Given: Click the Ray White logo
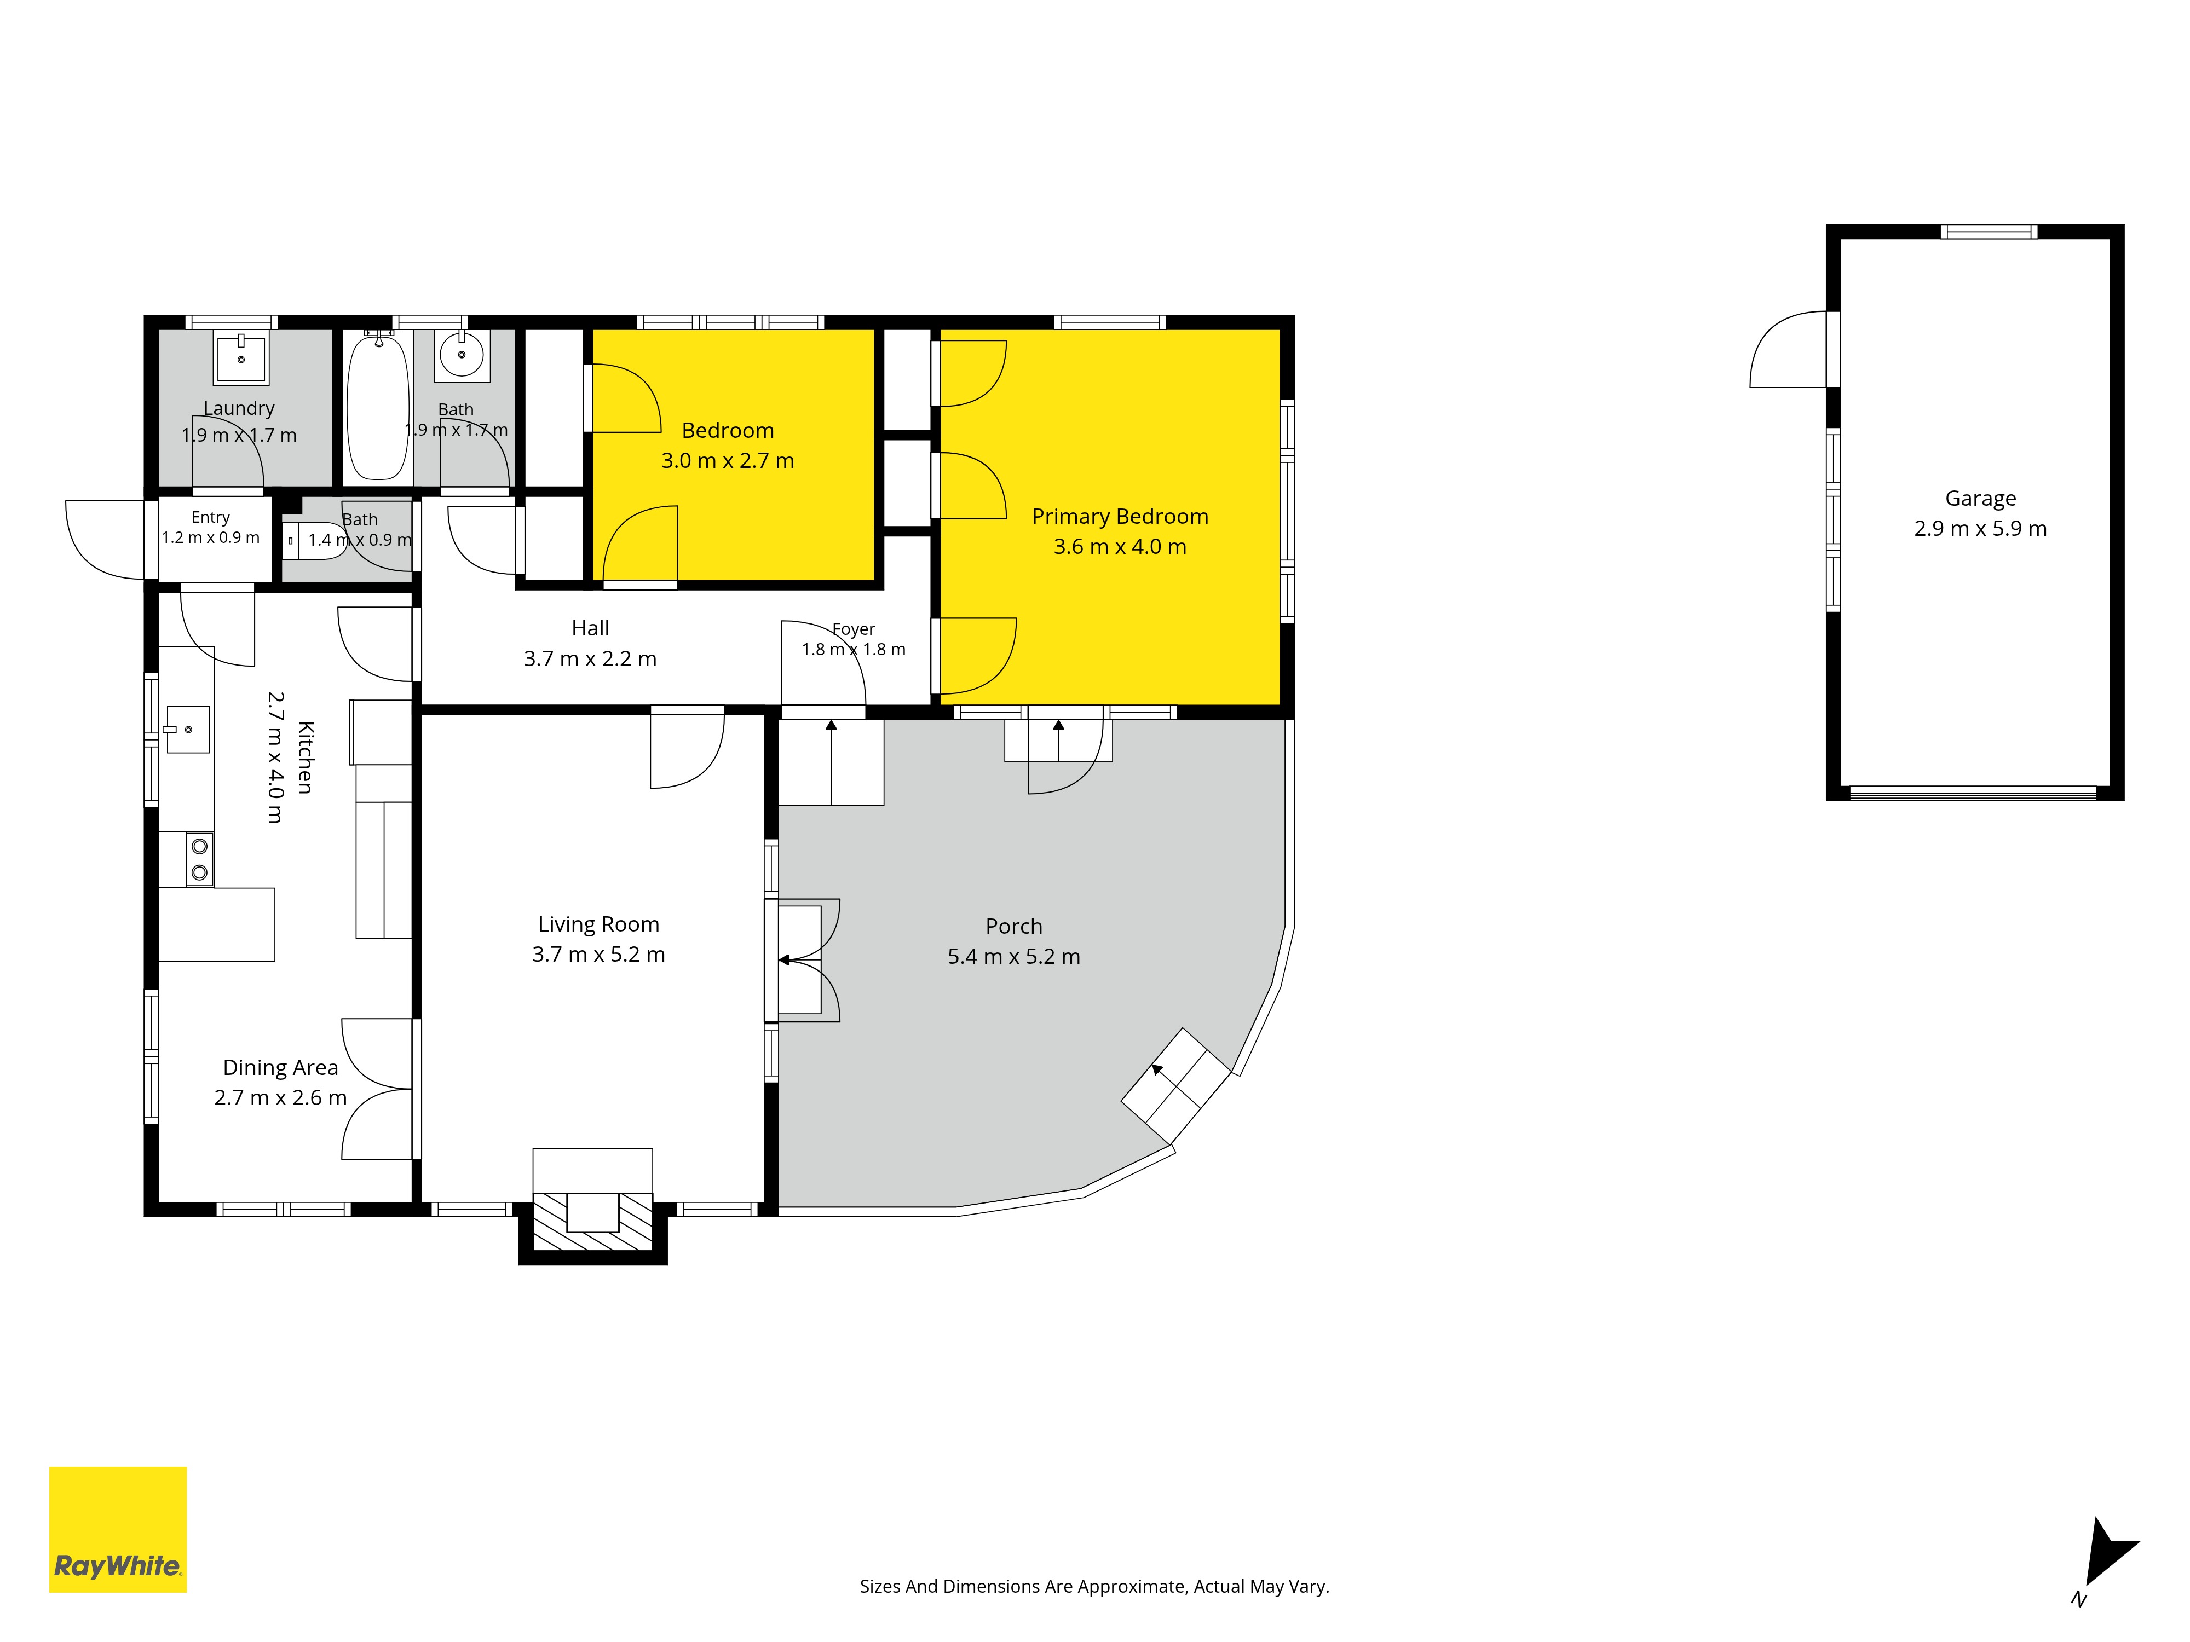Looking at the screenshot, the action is (x=118, y=1529).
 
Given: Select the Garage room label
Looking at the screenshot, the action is (x=1980, y=499).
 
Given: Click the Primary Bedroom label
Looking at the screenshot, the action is (x=1120, y=517).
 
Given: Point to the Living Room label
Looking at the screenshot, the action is (x=598, y=924).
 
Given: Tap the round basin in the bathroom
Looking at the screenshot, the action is (x=462, y=354).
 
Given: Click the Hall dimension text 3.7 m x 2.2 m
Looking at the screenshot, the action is (x=590, y=659).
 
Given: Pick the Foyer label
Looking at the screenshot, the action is (x=854, y=629).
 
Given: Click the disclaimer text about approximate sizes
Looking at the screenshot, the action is (x=1094, y=1587).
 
